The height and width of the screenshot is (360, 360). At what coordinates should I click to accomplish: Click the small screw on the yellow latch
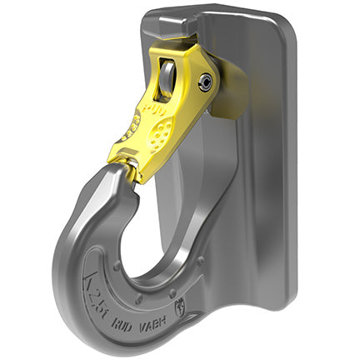[204, 80]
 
